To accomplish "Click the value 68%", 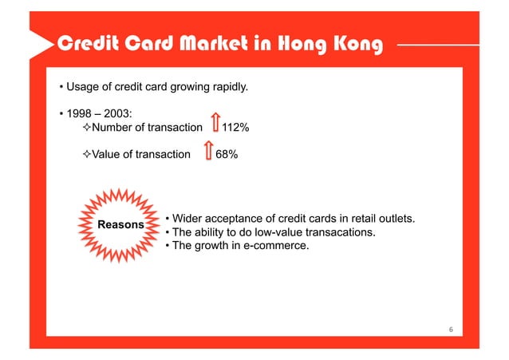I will coord(226,154).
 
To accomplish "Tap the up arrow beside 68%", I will coord(208,152).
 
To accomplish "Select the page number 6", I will coord(451,330).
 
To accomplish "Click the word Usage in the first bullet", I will coord(83,86).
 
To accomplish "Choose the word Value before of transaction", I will coord(109,154).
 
